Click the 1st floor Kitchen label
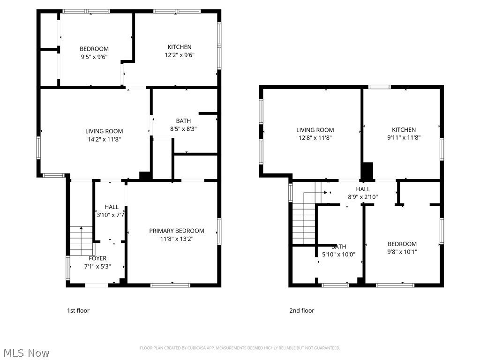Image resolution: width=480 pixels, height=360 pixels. [180, 47]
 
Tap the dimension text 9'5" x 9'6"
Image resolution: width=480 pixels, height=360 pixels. [94, 57]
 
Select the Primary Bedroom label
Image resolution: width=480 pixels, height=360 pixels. [177, 231]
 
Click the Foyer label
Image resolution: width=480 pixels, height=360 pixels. [97, 258]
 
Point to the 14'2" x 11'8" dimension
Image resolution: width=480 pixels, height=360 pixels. [104, 139]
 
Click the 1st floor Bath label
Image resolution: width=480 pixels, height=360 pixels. [183, 121]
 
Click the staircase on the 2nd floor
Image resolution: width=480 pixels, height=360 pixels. [304, 220]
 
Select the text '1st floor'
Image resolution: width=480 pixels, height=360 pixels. [78, 310]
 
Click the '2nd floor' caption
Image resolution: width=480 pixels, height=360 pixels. [301, 310]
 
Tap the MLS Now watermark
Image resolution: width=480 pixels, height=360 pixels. [26, 352]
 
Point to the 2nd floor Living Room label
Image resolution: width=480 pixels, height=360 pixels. [315, 130]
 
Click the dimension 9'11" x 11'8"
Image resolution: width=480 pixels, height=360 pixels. [404, 138]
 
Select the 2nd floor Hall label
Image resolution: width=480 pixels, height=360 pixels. [363, 189]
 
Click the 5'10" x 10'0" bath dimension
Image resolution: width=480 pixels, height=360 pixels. [338, 255]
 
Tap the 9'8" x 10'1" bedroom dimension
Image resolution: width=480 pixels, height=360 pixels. [402, 252]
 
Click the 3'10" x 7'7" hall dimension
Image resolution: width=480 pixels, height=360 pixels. [111, 215]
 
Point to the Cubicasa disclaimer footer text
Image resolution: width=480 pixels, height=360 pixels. [240, 348]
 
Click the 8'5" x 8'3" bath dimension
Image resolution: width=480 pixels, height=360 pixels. [183, 129]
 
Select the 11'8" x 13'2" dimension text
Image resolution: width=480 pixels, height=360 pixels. [177, 239]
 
